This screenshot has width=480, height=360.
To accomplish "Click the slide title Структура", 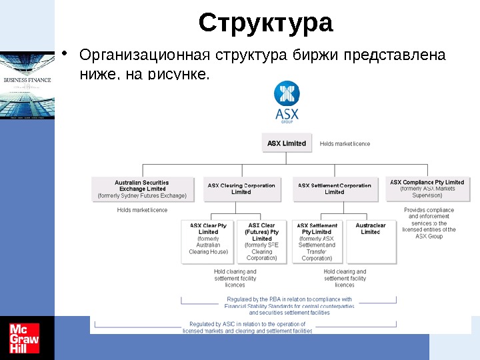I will click(x=265, y=23).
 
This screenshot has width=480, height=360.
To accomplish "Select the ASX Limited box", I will click(x=287, y=143).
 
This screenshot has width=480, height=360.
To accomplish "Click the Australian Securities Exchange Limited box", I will click(x=142, y=189).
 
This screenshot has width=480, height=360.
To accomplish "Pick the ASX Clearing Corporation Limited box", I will click(x=241, y=189).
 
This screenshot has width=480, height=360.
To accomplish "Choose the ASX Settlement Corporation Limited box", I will click(x=335, y=189).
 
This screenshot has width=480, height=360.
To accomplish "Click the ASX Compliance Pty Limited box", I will click(x=427, y=188).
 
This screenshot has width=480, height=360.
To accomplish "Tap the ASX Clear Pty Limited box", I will click(x=208, y=242).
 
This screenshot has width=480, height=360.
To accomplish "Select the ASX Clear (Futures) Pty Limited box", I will click(x=262, y=242).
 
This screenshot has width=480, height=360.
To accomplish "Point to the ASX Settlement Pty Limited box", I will click(x=317, y=242).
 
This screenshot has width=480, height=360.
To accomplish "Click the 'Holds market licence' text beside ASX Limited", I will click(x=345, y=143).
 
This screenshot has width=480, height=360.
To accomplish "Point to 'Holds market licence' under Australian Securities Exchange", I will click(x=142, y=210).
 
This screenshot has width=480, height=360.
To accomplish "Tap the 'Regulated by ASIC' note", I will click(x=247, y=327).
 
